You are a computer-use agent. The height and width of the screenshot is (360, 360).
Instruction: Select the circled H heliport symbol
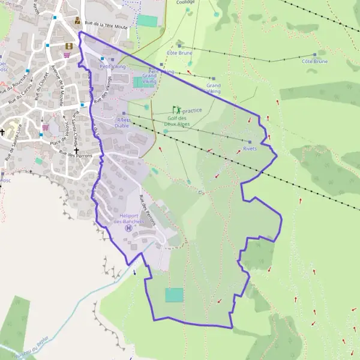127,228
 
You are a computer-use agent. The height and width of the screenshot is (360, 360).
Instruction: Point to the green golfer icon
176,110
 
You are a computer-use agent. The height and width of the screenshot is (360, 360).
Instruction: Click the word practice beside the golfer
192,110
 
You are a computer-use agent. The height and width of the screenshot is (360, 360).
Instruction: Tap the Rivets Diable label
122,123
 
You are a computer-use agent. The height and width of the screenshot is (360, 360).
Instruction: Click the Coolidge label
185,2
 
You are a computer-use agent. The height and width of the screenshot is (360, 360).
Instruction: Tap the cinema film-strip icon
69,45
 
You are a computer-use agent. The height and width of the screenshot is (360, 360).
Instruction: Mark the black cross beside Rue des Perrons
76,150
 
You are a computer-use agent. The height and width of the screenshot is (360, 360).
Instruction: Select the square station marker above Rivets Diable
124,113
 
